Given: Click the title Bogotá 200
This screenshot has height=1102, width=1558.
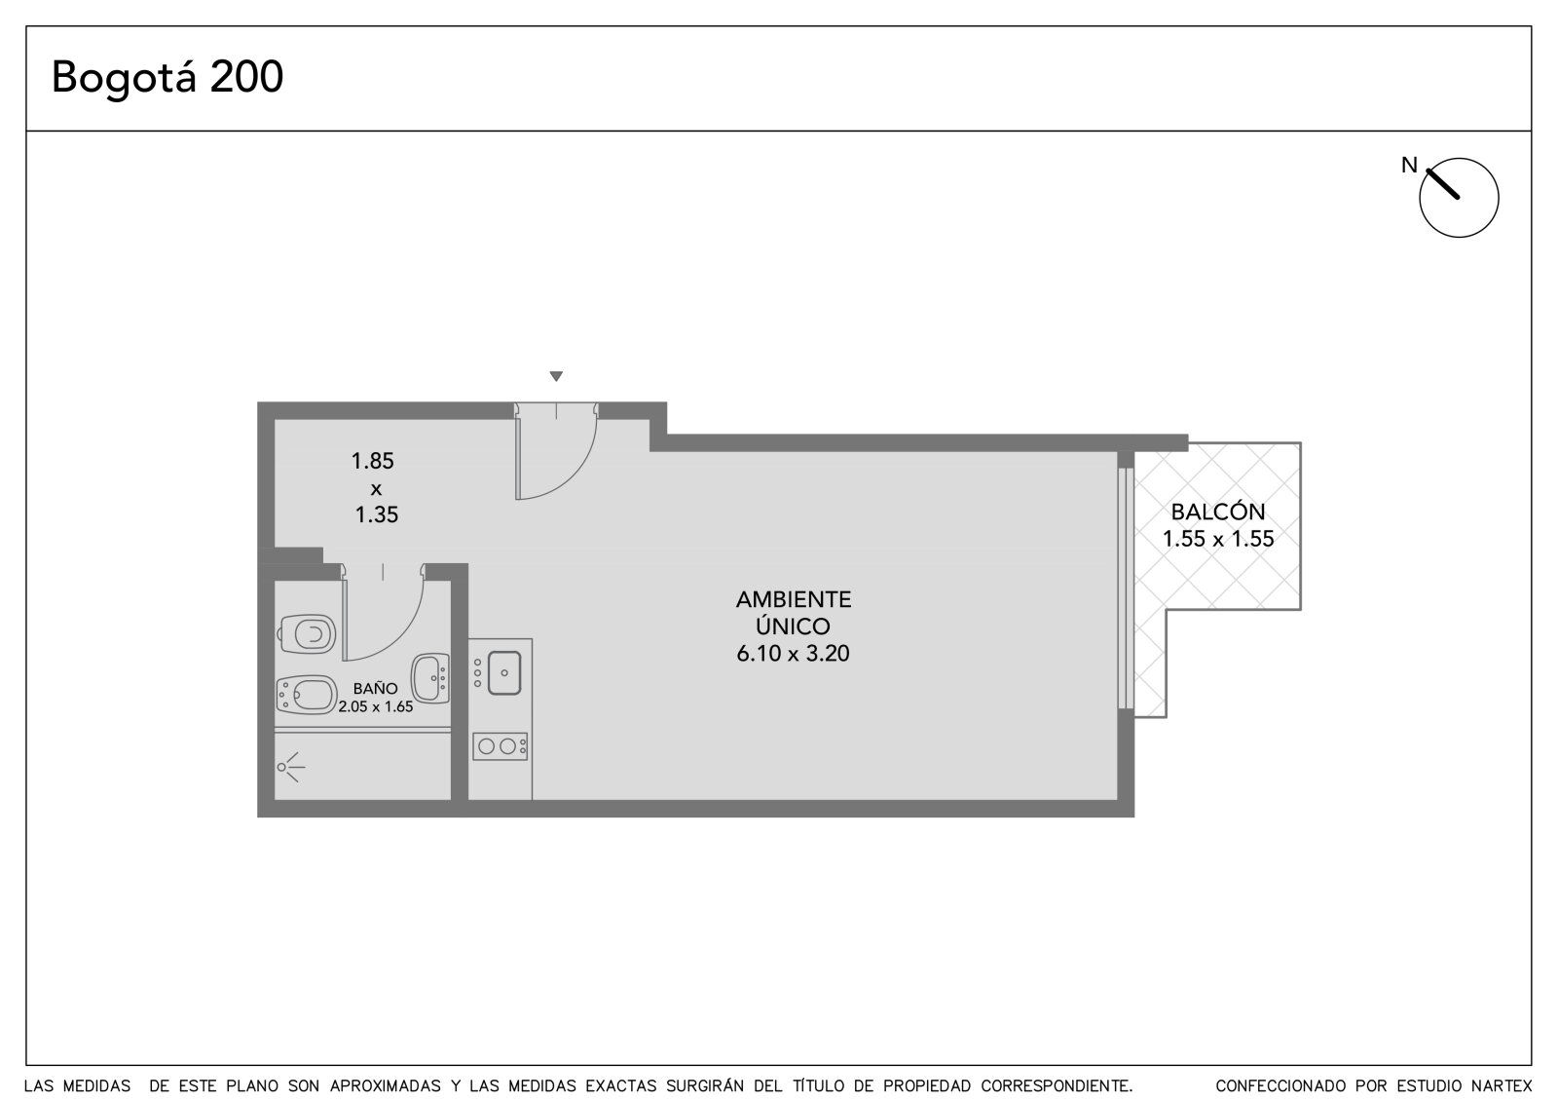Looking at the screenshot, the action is (167, 77).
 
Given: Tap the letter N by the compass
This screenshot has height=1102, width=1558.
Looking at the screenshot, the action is (1409, 165).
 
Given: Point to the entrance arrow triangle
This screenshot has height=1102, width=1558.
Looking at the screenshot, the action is (556, 376).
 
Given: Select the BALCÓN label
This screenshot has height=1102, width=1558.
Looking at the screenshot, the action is (1218, 512).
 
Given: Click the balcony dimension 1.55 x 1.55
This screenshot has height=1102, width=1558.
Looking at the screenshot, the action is (1218, 538).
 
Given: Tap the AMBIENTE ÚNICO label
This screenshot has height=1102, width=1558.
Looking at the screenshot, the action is (794, 613).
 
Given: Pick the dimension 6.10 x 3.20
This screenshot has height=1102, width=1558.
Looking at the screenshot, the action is (793, 653).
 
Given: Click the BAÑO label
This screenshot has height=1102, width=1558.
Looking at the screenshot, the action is (376, 689).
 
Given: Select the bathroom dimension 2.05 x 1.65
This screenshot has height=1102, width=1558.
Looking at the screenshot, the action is (376, 706).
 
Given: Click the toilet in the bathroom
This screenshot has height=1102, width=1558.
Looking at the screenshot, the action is (306, 634).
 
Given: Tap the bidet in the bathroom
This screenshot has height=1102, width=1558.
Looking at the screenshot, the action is (306, 694).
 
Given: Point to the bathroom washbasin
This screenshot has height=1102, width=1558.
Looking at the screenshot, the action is (430, 677).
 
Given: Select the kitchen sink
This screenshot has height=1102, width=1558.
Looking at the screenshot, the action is (504, 672).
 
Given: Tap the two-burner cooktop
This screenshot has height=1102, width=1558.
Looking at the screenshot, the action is (501, 746).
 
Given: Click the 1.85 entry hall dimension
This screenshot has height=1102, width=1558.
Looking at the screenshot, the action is (372, 461).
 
